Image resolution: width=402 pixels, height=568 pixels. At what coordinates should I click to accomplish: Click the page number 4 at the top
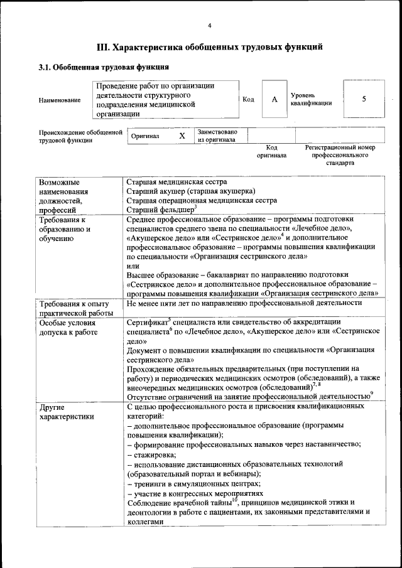[x=209, y=25]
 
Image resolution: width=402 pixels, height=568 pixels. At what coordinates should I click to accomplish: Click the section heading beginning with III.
[x=209, y=47]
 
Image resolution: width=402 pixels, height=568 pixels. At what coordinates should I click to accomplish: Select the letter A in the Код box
[x=274, y=99]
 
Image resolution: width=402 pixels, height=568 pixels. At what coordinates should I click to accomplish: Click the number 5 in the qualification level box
[x=364, y=99]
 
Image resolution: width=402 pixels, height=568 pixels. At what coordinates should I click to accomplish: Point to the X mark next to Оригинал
[x=182, y=136]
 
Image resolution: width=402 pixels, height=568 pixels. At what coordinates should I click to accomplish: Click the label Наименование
[x=60, y=100]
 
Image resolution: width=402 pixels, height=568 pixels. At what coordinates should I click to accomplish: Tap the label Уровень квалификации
[x=311, y=99]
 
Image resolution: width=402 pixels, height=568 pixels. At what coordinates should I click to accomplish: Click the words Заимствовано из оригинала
[x=217, y=136]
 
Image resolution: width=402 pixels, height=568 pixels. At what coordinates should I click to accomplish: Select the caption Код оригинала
[x=271, y=151]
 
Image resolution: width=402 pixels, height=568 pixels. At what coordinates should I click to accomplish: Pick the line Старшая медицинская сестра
[x=177, y=181]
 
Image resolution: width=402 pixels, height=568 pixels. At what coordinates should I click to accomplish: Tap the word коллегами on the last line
[x=145, y=520]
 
